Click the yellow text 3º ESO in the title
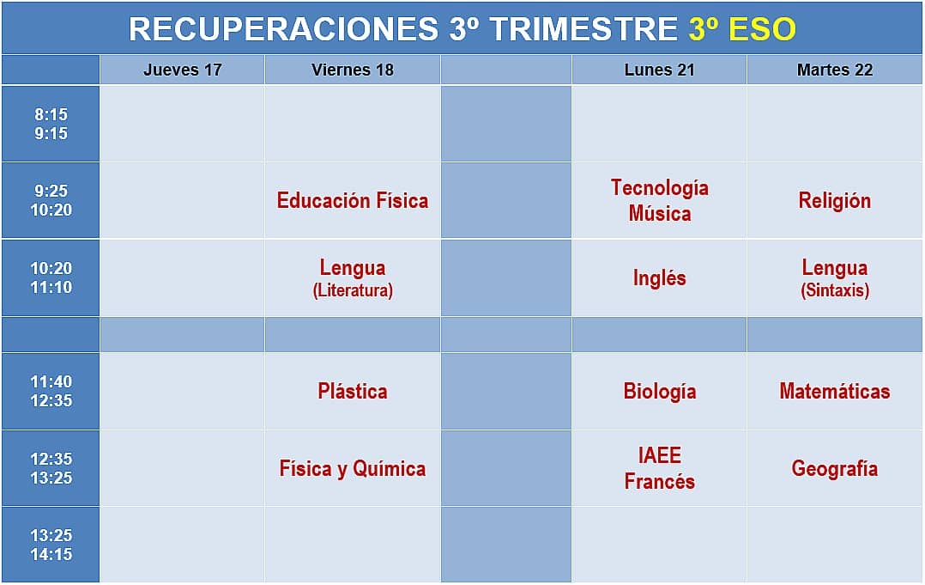(x=742, y=28)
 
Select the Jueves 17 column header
(x=182, y=70)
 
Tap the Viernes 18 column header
(x=352, y=70)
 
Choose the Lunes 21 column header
(x=659, y=70)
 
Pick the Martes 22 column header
(x=834, y=70)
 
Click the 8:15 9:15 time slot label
(x=51, y=124)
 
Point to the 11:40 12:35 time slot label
(x=51, y=391)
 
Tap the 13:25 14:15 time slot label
(x=51, y=545)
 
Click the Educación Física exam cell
(x=352, y=201)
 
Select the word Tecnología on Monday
(x=659, y=188)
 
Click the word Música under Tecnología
(x=659, y=213)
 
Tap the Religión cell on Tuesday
(x=834, y=201)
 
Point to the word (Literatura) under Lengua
(x=352, y=290)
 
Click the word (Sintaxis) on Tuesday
(x=834, y=290)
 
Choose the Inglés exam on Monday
(x=659, y=277)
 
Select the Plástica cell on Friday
(x=352, y=391)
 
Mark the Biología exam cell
(x=659, y=392)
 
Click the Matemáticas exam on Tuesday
(x=834, y=391)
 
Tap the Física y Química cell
(x=352, y=469)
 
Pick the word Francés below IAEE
(x=659, y=482)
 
